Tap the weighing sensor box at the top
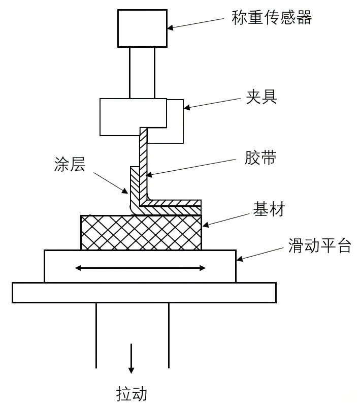click(x=142, y=28)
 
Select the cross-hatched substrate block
click(x=141, y=233)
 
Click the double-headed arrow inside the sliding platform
click(x=140, y=268)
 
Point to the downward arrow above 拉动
click(x=132, y=358)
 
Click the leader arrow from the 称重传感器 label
click(x=195, y=24)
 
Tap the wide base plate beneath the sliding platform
click(x=144, y=293)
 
